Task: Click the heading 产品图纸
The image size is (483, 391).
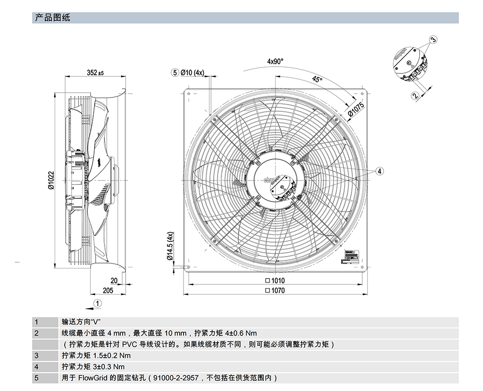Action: click(x=53, y=18)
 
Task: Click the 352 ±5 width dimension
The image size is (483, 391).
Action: click(x=95, y=73)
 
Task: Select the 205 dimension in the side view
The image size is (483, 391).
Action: click(x=108, y=290)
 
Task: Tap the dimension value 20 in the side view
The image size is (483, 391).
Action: click(x=114, y=280)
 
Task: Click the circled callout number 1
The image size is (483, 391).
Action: click(x=97, y=303)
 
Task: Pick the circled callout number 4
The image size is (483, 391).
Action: click(x=380, y=171)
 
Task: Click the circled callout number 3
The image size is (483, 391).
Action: click(x=433, y=39)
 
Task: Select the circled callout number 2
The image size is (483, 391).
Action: click(x=415, y=96)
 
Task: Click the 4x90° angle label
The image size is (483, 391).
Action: click(x=275, y=61)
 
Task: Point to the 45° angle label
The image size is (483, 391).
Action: click(x=317, y=80)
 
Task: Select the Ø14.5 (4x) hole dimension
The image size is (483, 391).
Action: click(x=170, y=246)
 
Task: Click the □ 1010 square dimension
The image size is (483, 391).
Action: click(x=275, y=280)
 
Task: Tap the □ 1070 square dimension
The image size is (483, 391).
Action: click(x=275, y=291)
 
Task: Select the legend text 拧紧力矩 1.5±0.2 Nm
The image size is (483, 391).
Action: click(x=96, y=356)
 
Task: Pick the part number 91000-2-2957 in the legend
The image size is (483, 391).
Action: click(x=176, y=378)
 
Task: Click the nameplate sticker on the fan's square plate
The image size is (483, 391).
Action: click(x=349, y=256)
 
